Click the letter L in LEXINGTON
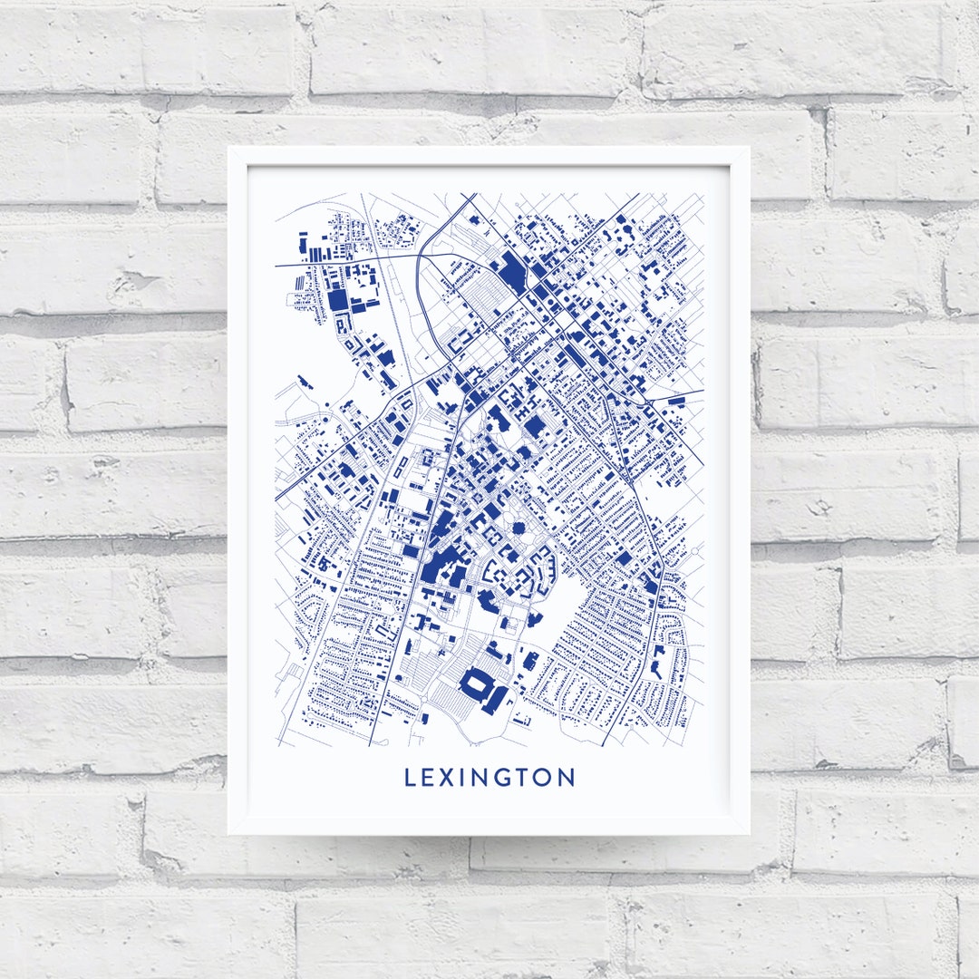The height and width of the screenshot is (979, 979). (x=411, y=778)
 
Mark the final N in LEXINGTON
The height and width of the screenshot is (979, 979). (x=567, y=778)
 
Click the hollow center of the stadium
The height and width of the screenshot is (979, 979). (x=477, y=687)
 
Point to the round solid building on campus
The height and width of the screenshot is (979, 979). (x=519, y=528)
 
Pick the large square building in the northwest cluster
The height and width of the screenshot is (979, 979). (x=338, y=298)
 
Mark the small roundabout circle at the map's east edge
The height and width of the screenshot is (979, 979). (x=695, y=550)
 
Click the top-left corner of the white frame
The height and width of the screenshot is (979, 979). (x=228, y=148)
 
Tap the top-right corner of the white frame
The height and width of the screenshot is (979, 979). (x=749, y=148)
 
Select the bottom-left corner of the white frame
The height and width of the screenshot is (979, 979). (x=228, y=833)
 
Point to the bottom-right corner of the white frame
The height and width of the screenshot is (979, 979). (x=749, y=833)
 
